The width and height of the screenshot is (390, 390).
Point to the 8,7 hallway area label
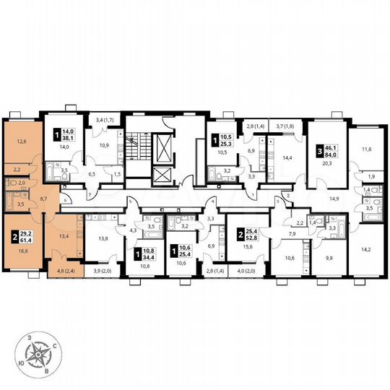click(x=45, y=196)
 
